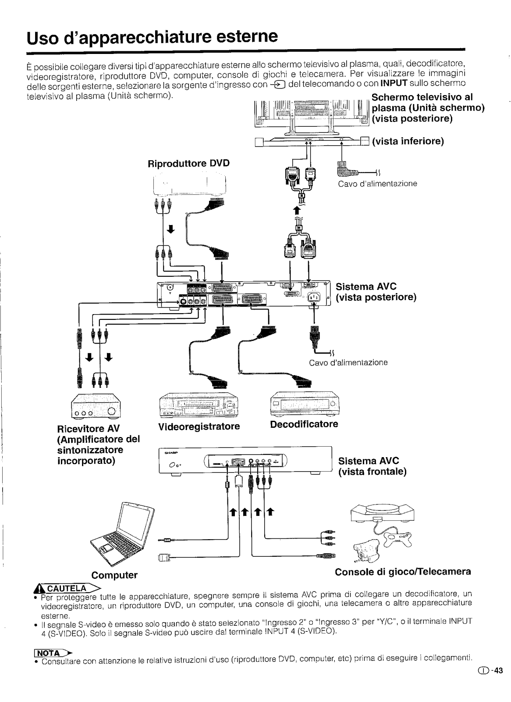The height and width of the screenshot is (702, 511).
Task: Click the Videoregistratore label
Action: [x=199, y=426]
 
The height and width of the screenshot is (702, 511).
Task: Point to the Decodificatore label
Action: [x=304, y=424]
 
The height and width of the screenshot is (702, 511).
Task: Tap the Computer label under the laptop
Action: [x=114, y=575]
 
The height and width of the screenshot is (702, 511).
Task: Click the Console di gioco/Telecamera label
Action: [x=403, y=572]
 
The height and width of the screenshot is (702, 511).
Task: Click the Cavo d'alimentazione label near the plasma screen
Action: [x=377, y=184]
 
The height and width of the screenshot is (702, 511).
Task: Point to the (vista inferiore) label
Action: [x=408, y=141]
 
